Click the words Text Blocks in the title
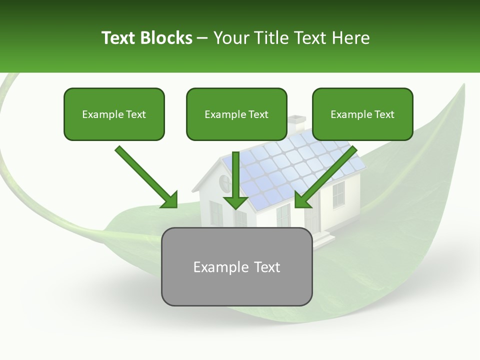(x=146, y=38)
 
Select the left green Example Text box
(x=114, y=114)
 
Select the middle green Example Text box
(x=236, y=114)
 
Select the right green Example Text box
(x=362, y=114)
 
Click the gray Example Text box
(x=236, y=266)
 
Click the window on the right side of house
(x=338, y=194)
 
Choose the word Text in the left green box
(x=136, y=114)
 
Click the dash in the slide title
(x=202, y=38)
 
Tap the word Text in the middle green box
(x=258, y=114)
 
